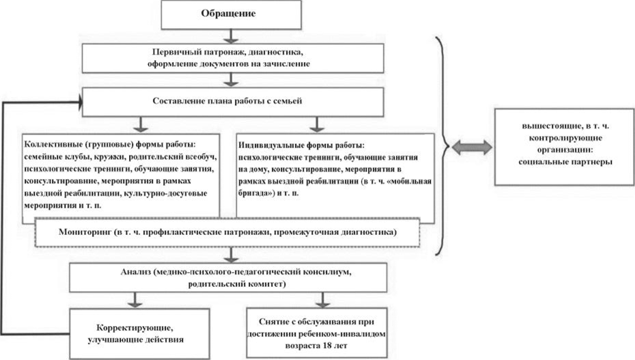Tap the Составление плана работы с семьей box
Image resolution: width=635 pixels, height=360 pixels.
point(234,101)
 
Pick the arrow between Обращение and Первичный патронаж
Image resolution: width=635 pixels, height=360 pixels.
point(234,36)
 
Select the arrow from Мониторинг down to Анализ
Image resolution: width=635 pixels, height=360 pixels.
point(234,254)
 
